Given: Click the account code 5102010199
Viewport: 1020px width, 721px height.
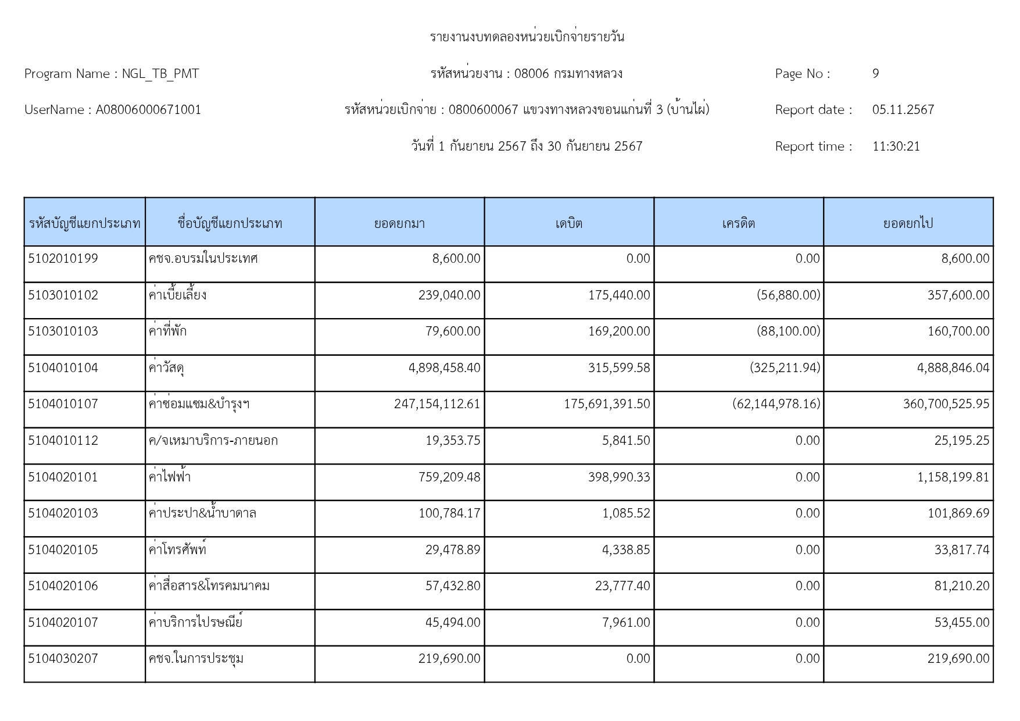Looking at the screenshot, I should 63,259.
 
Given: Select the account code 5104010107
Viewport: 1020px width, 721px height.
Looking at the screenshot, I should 63,404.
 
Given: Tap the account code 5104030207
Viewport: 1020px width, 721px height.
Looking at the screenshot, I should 63,659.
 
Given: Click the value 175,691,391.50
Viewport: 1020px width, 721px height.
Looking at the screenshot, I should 607,404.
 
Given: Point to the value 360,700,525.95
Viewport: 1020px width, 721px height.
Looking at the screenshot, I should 946,404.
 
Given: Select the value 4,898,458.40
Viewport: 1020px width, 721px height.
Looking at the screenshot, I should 444,368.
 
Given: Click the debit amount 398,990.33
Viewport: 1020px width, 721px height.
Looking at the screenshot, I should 618,477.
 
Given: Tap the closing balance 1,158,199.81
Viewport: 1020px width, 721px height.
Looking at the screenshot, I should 953,477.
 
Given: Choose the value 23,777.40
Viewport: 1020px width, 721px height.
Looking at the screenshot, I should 622,586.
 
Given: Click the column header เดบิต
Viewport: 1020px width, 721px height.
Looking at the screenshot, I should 569,223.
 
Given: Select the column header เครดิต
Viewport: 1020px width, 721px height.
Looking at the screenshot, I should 739,223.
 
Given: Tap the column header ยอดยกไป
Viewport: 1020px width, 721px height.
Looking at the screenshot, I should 908,223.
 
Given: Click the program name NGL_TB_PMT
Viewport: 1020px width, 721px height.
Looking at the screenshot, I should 160,74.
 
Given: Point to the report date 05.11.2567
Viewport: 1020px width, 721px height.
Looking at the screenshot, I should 903,110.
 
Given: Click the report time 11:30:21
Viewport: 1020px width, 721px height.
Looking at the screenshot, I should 896,147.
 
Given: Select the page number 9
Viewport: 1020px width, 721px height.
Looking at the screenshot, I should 875,74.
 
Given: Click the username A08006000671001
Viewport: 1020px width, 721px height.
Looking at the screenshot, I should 148,110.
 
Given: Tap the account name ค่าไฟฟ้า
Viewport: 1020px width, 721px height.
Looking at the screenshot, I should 170,477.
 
